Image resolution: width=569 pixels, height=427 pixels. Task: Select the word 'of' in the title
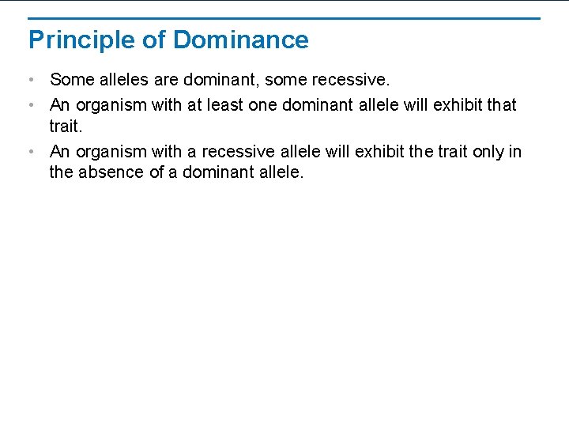tap(150, 40)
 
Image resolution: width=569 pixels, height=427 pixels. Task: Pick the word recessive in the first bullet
tap(353, 80)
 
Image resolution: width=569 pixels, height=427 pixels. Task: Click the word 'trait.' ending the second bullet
tap(66, 126)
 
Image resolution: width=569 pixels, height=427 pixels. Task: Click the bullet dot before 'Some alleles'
tap(30, 81)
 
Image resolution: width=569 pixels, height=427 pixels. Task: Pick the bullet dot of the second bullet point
tap(30, 105)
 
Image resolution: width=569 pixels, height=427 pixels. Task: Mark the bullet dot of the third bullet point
tap(30, 151)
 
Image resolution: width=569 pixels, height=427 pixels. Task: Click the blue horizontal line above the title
tap(284, 18)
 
